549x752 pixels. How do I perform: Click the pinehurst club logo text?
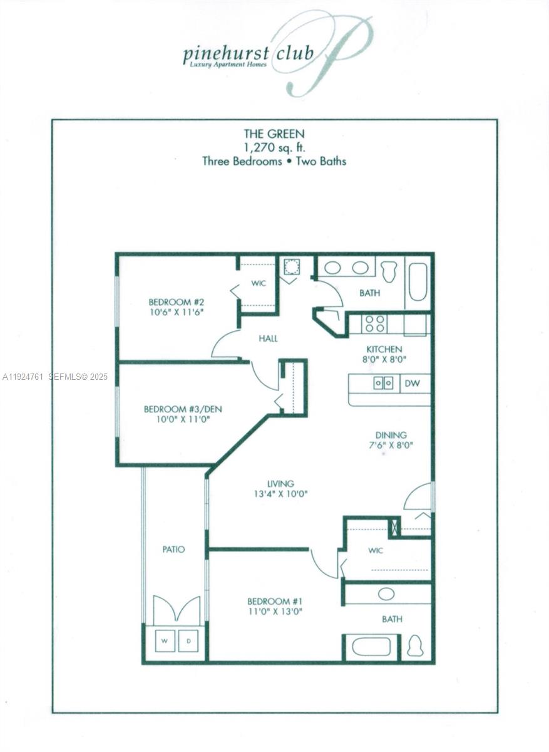(248, 54)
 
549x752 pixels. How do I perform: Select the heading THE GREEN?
(274, 133)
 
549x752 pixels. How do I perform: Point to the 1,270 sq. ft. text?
(274, 147)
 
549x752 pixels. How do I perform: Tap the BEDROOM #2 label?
(176, 300)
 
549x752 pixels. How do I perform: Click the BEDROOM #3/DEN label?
(182, 409)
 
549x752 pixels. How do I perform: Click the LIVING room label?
(280, 484)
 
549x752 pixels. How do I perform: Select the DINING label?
(391, 435)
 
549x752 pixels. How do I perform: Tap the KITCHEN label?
(384, 349)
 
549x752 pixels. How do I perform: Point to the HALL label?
(268, 338)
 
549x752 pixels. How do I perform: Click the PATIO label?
(173, 550)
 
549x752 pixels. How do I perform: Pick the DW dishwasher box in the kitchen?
(413, 383)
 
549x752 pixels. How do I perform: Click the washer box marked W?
(165, 640)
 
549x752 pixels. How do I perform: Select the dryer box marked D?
(188, 640)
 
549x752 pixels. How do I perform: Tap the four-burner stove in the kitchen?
(375, 324)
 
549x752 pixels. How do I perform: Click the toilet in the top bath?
(389, 271)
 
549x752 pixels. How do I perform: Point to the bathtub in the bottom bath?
(371, 647)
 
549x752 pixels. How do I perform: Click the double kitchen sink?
(382, 383)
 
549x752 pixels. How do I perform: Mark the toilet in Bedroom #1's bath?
(415, 646)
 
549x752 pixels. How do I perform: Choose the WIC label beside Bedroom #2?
(259, 283)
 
